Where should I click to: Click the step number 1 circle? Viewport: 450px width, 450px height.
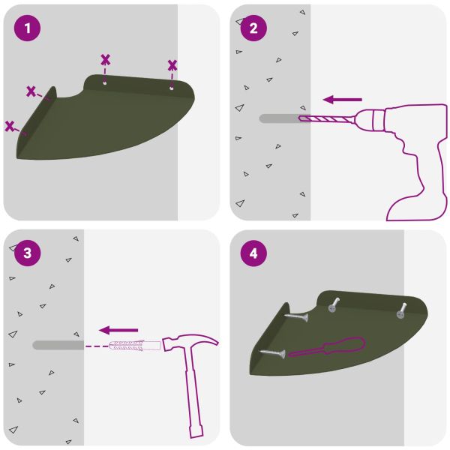coord(27,28)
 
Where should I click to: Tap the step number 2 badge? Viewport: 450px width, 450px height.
coord(253,28)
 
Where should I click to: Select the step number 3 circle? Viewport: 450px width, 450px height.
coord(27,253)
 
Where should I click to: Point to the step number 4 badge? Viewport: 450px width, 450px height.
coord(253,253)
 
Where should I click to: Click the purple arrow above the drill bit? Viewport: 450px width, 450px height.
coord(343,100)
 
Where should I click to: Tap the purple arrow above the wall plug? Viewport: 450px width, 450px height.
coord(118,330)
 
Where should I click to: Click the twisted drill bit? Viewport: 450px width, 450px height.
coord(326,118)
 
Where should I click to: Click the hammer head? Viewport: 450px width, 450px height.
coord(190,342)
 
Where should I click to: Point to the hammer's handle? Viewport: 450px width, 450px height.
coord(193,393)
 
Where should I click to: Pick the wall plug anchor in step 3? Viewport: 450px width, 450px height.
coord(135,345)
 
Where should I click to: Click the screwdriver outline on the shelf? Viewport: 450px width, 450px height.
coord(326,347)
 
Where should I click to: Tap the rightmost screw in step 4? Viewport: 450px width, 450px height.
coord(401,310)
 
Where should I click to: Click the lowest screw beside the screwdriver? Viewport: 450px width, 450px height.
coord(272,353)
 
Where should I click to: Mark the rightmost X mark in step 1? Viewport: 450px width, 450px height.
coord(172,66)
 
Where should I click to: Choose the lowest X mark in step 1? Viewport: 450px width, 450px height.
coord(10,126)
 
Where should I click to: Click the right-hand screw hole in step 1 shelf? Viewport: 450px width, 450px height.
coord(172,88)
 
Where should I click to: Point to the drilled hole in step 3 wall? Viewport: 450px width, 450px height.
coord(58,345)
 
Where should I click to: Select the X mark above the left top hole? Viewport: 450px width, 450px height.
coord(105,60)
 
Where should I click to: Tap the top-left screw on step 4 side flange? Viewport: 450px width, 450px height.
coord(296,317)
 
